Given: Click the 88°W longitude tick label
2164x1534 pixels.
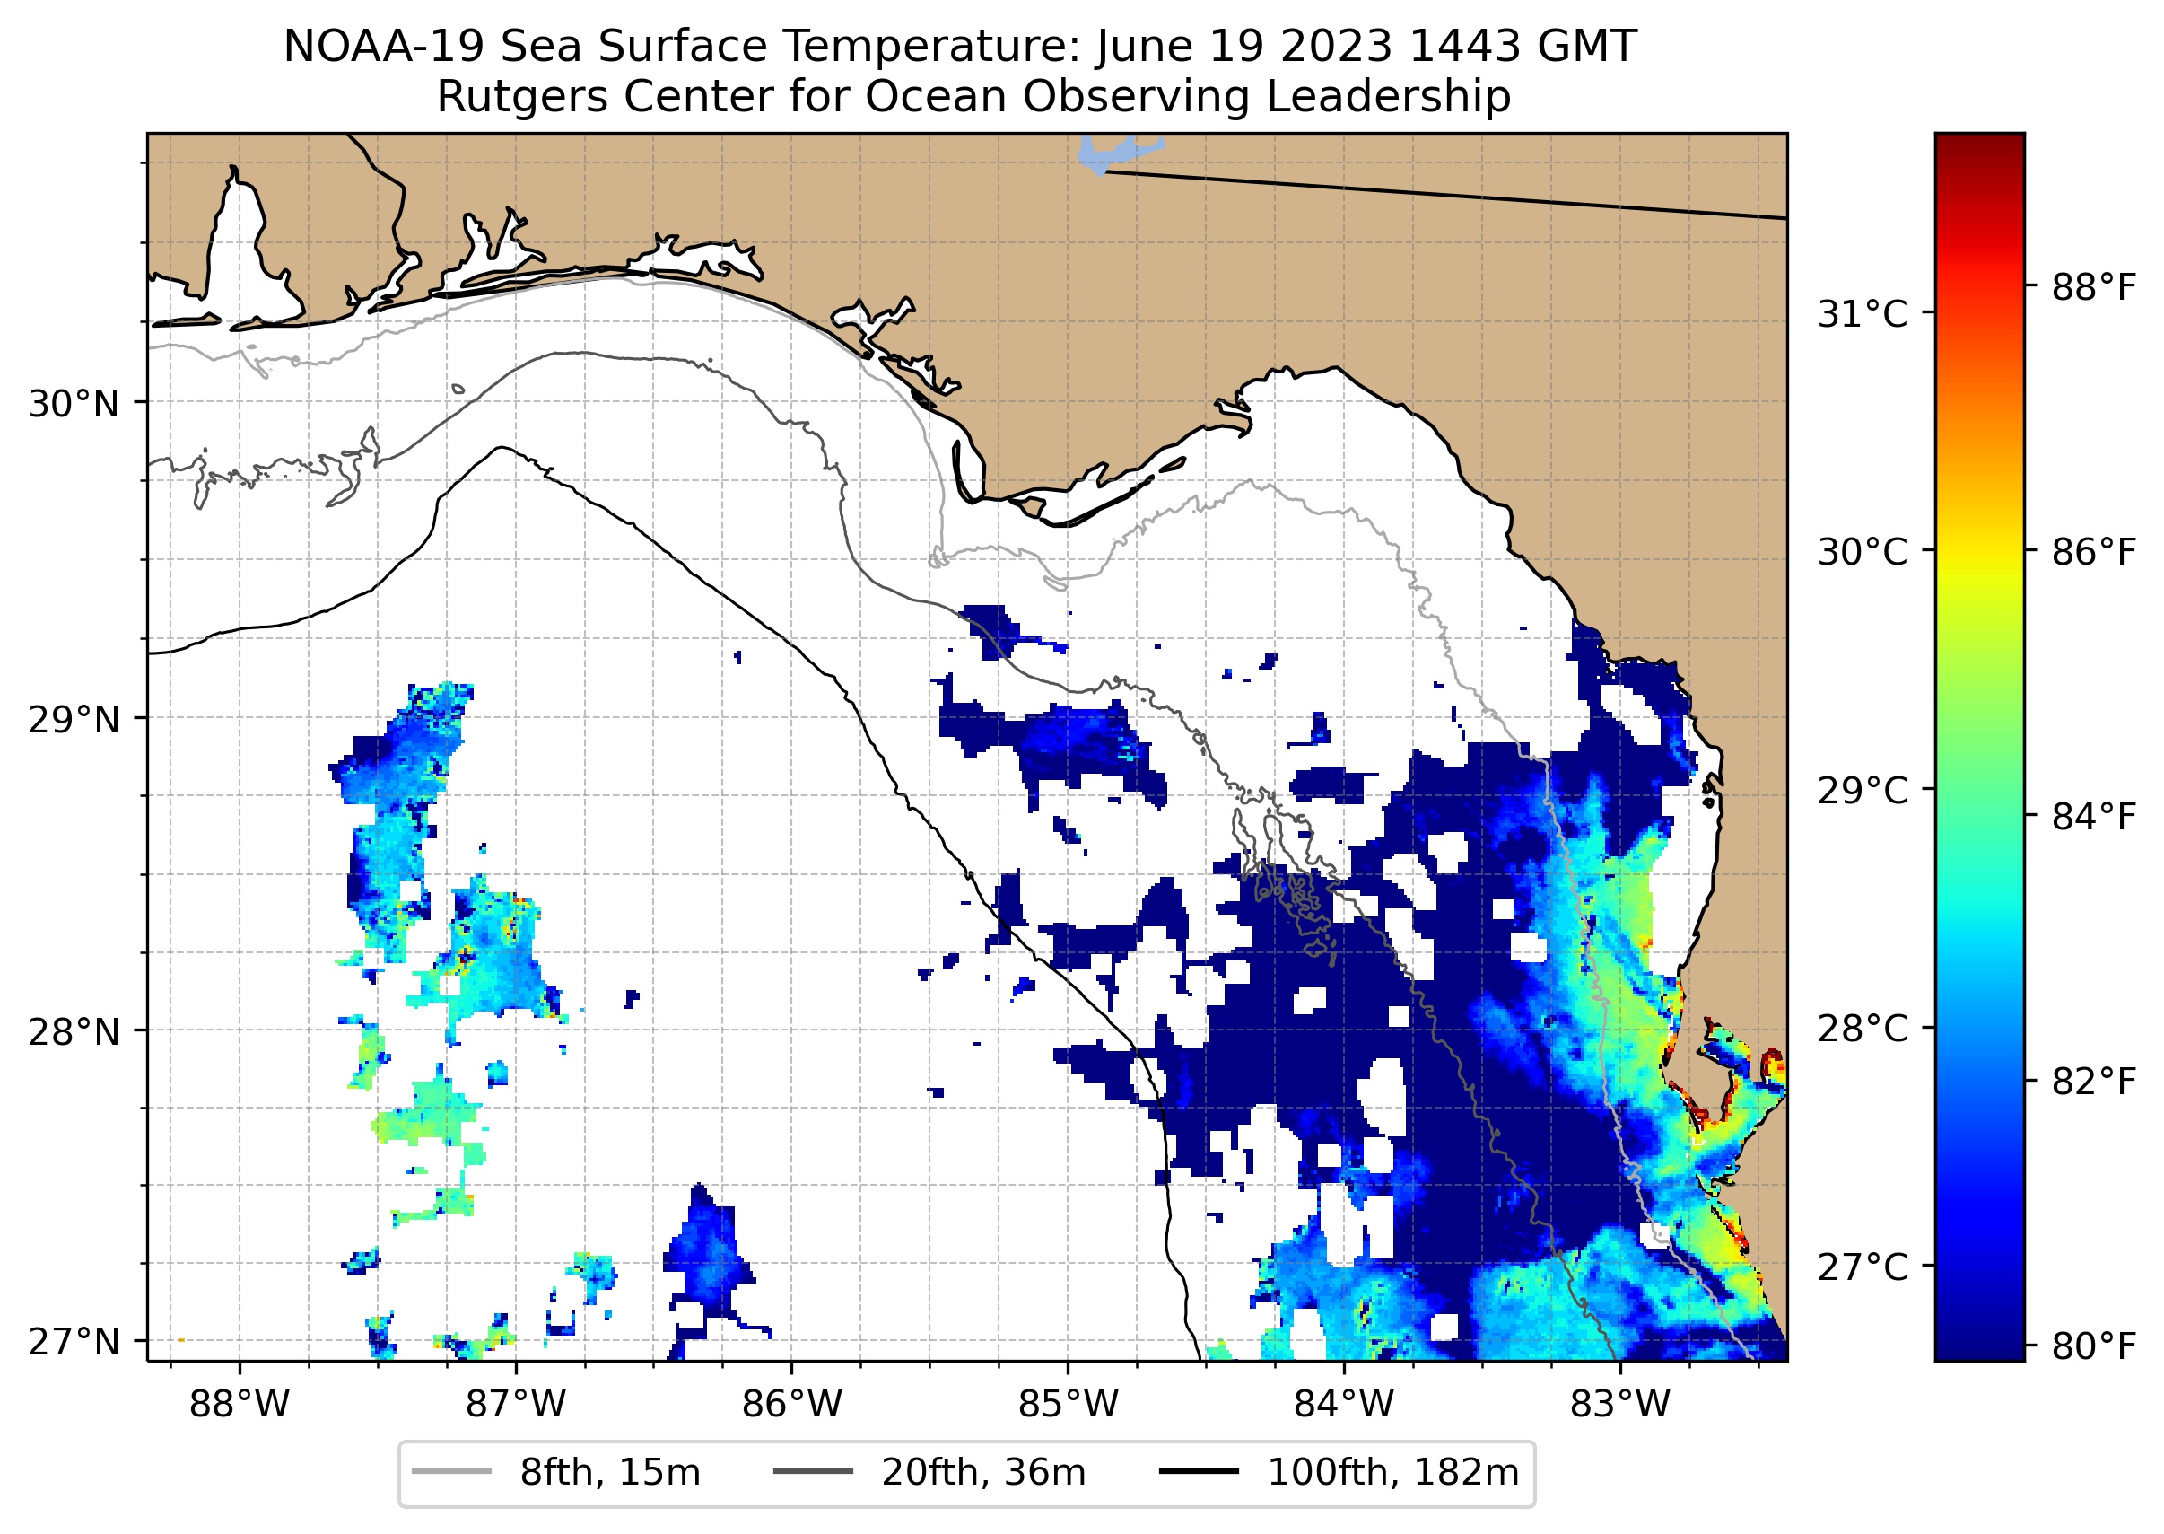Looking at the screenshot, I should [x=239, y=1405].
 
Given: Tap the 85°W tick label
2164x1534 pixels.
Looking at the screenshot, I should [x=1068, y=1405].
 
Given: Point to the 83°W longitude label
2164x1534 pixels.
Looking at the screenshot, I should [x=1620, y=1405].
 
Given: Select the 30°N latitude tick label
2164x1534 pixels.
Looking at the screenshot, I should [x=74, y=404].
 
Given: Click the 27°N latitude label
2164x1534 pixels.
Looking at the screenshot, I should [x=74, y=1341].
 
